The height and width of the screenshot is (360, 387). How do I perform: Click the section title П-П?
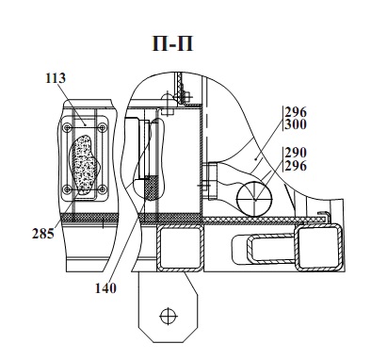point(172,43)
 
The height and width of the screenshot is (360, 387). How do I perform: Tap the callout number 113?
point(56,78)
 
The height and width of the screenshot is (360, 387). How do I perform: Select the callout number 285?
point(43,234)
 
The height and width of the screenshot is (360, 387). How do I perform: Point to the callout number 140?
point(105,288)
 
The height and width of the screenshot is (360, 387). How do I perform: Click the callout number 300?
point(296,124)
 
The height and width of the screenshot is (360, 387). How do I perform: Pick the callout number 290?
point(296,153)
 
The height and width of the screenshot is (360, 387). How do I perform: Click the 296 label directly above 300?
point(296,112)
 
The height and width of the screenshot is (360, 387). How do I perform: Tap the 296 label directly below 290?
point(296,166)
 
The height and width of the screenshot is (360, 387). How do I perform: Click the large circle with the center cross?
point(254,199)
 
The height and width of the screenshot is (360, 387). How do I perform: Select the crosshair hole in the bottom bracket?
point(169,316)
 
